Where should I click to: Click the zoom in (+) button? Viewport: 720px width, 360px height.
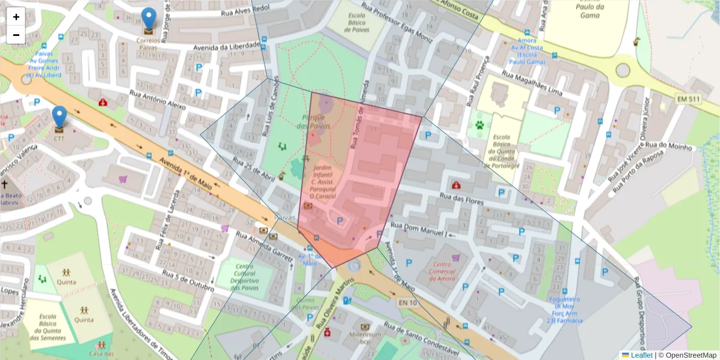coord(16,17)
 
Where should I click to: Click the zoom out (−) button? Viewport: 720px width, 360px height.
coord(16,35)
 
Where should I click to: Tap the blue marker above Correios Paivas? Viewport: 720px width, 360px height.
coord(148,20)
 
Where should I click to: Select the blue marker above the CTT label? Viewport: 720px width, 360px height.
coord(59,118)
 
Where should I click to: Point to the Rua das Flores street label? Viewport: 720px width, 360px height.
coord(461,199)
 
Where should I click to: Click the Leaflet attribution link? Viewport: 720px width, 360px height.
coord(641,355)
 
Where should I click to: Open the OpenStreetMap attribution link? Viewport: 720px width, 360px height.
coord(687,355)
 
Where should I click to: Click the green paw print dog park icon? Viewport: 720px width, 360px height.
coord(480,126)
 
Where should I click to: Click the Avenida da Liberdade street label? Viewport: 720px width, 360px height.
coord(227,46)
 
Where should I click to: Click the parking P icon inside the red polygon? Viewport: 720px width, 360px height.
coord(340,221)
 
